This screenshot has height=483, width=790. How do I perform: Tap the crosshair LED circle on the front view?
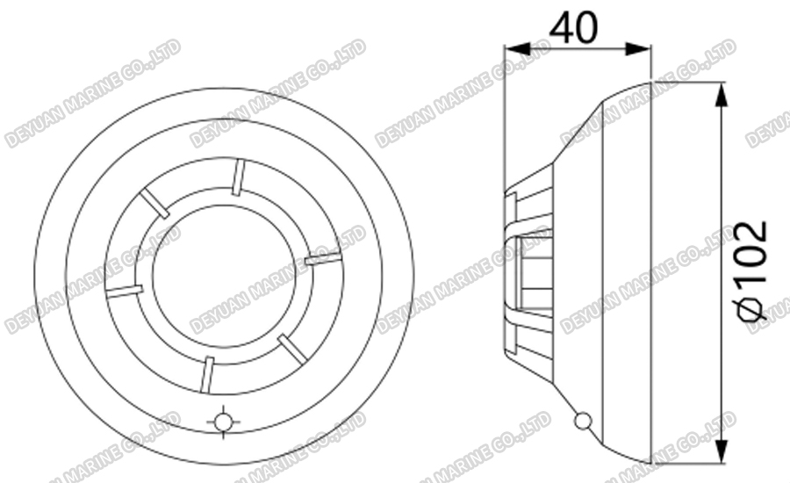coord(224,422)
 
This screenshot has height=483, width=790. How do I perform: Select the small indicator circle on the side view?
coord(580,422)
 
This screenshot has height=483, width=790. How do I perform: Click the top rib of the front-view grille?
coord(237,177)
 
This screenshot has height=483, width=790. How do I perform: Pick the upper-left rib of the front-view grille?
coord(155,204)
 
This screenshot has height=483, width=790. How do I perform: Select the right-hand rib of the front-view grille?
coord(322,258)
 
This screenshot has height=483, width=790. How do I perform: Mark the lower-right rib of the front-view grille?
coord(292,348)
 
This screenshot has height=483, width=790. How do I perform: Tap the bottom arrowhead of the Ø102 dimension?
coord(721,453)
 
